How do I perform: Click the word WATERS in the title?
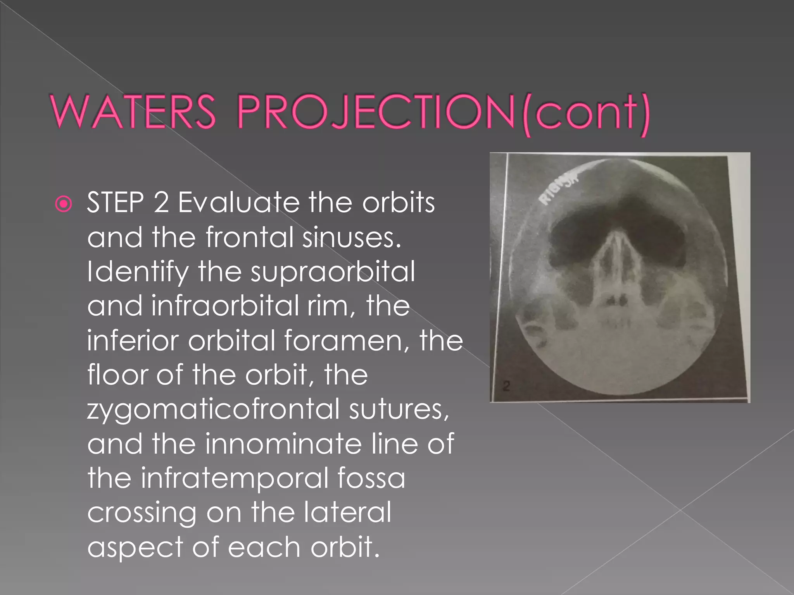pos(133,112)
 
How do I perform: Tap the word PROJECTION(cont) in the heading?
pos(444,113)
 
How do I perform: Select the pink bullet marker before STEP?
pos(64,204)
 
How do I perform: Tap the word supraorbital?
pos(333,272)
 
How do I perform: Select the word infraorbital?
pos(225,306)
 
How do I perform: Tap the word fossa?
pos(371,478)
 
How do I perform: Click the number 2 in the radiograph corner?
pos(507,385)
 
